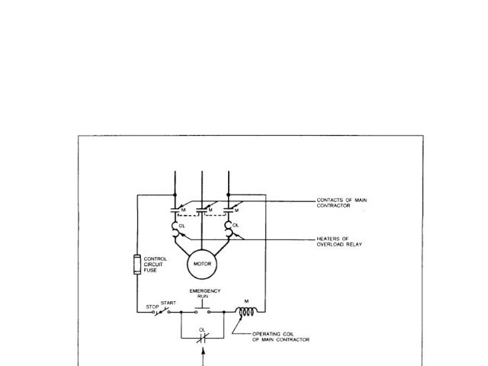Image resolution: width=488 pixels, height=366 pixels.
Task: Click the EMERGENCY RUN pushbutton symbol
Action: tap(204, 310)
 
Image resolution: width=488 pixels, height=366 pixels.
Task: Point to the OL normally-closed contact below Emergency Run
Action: tap(203, 337)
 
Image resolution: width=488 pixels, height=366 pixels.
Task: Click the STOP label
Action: tap(151, 306)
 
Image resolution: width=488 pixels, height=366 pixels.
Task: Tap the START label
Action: tap(168, 302)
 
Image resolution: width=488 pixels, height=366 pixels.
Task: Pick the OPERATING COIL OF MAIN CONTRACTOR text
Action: tap(281, 336)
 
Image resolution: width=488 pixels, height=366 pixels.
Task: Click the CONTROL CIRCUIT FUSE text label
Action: tap(156, 263)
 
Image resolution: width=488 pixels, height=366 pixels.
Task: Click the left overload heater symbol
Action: tap(175, 226)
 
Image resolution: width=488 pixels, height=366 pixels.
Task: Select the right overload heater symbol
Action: tap(228, 226)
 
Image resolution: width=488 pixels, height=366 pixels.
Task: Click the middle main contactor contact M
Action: tap(202, 208)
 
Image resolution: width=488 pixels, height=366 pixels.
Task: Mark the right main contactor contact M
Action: tap(228, 208)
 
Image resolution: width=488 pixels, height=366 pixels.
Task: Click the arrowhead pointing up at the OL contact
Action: tap(203, 352)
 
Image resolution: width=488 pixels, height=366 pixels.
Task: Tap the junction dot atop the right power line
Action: tap(228, 194)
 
